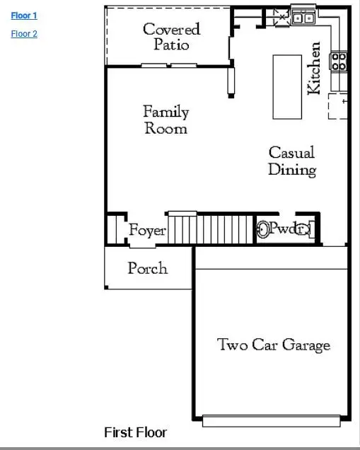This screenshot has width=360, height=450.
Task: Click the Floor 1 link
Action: pos(24,15)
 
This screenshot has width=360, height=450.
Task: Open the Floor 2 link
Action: pos(24,33)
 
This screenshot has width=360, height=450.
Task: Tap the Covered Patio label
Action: pos(171,36)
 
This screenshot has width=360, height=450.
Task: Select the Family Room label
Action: pos(166,120)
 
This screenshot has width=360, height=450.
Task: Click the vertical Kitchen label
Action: pos(314,68)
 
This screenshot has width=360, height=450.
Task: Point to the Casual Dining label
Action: pos(291,161)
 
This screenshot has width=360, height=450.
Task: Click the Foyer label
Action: pos(147,231)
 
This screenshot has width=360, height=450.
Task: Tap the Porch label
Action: pos(147,268)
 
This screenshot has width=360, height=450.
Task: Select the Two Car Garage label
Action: pos(273,345)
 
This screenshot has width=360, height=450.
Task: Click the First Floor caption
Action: pos(135,432)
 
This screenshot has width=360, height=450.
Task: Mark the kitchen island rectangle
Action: pos(287,86)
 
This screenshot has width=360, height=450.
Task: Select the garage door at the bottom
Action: pos(272,420)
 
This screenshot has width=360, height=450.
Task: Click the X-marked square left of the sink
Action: pos(281,16)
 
